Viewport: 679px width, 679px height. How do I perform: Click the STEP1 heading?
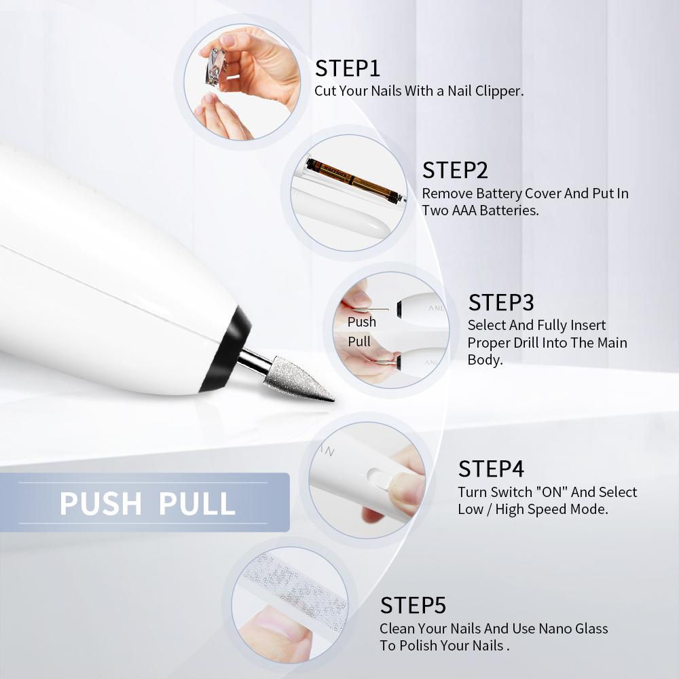coord(347,69)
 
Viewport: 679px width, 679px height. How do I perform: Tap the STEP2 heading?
coord(455,170)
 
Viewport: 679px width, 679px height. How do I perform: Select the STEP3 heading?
coord(501,302)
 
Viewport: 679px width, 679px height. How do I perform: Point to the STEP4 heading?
coord(491,469)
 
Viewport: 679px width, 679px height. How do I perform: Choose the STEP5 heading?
coord(413,606)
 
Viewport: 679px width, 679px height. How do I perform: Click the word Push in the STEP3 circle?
coord(362,322)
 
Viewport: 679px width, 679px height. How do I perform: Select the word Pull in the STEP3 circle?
coord(359,342)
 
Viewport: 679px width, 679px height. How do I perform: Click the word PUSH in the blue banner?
coord(100,504)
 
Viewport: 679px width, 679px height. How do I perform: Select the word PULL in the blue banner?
coord(197,504)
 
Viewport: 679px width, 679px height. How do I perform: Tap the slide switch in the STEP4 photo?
coord(382,477)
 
